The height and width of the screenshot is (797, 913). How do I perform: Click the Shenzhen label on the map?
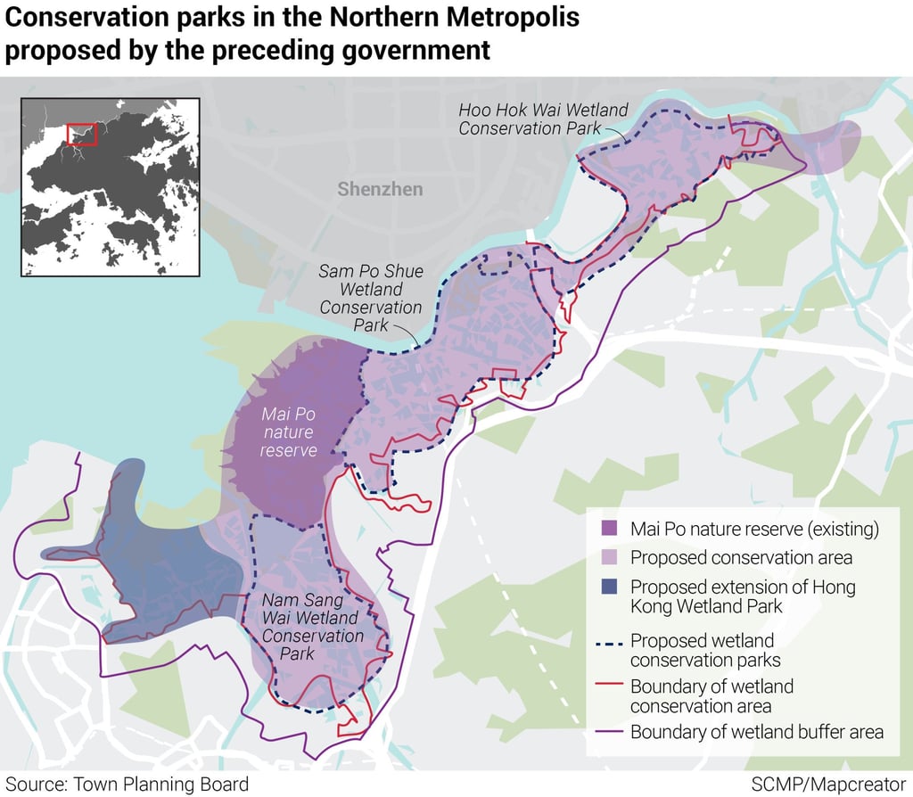380,189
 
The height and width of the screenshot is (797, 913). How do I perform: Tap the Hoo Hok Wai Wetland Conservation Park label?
543,119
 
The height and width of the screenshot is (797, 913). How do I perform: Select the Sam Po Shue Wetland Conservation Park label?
371,298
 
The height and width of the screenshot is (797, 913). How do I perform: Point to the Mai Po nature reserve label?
288,432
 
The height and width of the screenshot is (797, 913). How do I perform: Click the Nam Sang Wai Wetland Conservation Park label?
312,627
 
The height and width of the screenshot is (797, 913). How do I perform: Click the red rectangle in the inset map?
81,134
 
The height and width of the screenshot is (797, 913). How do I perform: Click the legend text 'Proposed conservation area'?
741,558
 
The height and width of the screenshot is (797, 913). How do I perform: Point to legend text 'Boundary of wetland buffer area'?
757,732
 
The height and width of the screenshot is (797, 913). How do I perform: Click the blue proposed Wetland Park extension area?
156,571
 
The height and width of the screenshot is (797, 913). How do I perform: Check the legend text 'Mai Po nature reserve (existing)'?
754,529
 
